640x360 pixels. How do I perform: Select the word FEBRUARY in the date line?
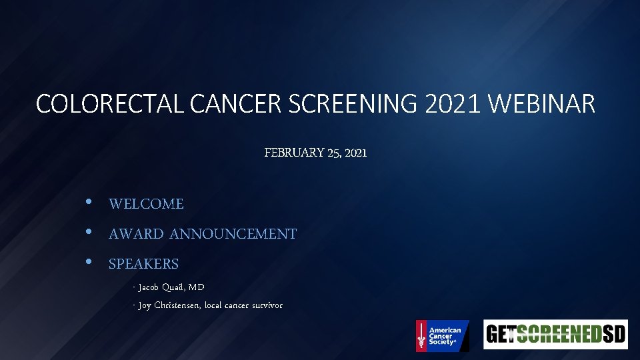[x=294, y=153]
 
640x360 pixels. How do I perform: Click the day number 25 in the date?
[x=335, y=153]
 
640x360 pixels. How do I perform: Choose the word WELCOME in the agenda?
[x=146, y=204]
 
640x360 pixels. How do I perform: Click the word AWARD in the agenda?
[x=136, y=234]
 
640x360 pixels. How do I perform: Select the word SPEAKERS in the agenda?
[x=143, y=264]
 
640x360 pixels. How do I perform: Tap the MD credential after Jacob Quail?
[x=196, y=287]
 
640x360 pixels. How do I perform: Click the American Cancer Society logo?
[x=442, y=335]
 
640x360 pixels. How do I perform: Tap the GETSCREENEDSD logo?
[x=555, y=334]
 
